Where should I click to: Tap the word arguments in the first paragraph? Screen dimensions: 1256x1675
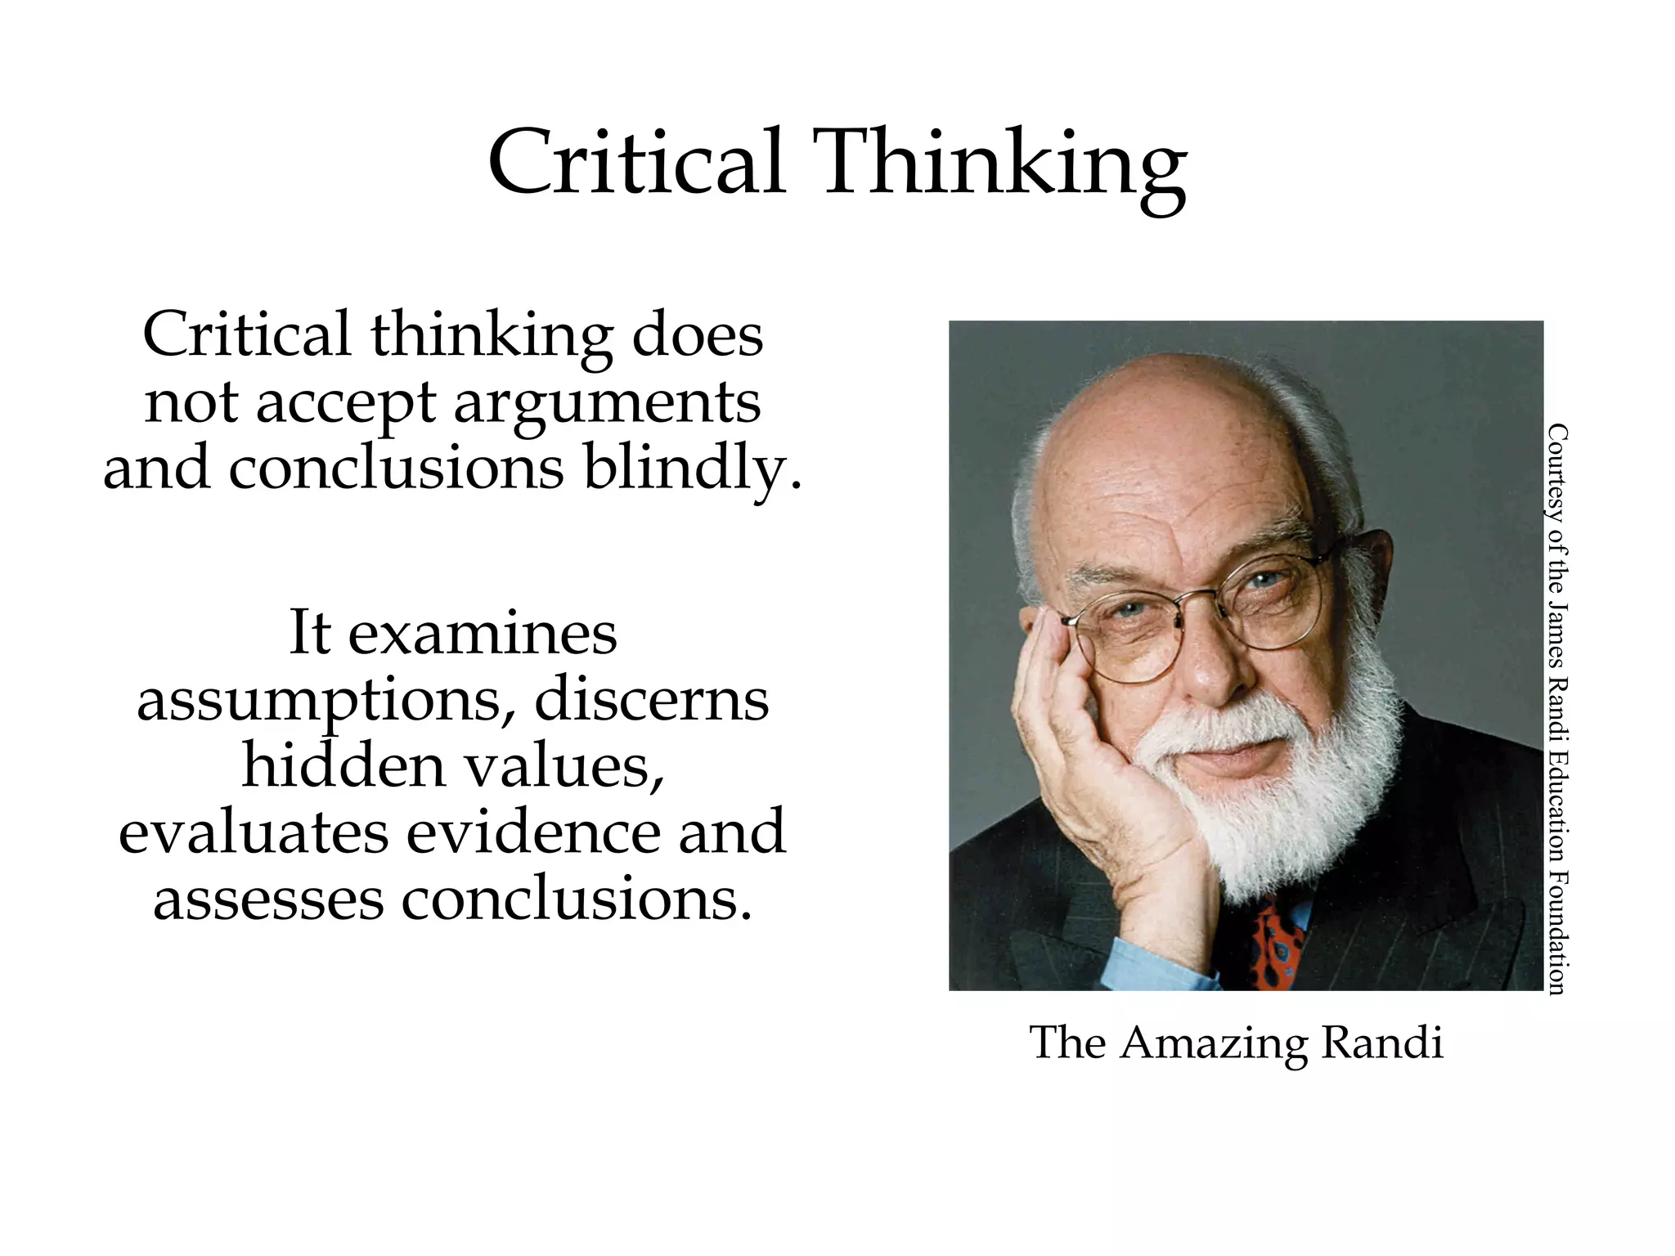click(607, 404)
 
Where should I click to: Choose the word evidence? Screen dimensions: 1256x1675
click(533, 832)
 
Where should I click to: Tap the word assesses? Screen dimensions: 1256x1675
click(268, 899)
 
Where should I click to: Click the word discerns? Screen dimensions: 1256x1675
click(652, 700)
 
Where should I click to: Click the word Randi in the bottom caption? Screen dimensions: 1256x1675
click(1382, 1043)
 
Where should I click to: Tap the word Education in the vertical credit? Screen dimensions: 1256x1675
click(1556, 784)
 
